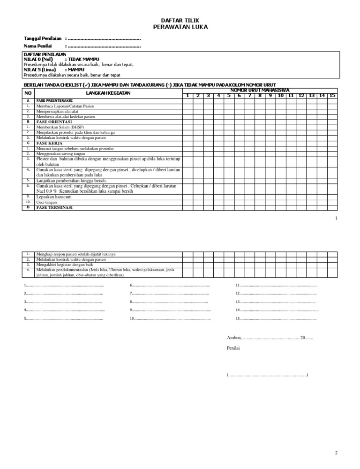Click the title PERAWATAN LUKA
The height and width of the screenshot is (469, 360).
(180, 27)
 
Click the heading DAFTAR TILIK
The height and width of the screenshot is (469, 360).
(180, 21)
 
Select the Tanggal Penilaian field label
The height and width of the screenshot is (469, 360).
(44, 38)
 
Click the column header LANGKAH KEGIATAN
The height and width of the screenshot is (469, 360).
(108, 93)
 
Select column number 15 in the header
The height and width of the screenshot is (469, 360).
(332, 96)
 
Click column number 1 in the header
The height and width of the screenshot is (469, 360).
(187, 96)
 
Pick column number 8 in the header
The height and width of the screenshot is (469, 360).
(259, 96)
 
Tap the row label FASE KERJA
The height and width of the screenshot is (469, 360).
(49, 143)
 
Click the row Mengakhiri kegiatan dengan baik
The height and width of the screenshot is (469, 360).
(65, 265)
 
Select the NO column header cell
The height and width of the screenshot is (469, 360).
(28, 93)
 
